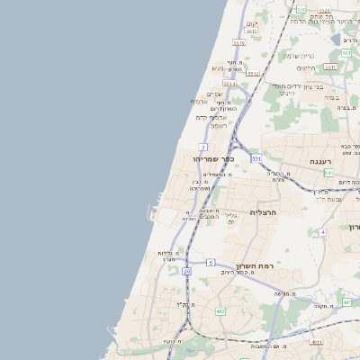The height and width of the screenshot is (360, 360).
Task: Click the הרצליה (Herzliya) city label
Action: [x=265, y=212]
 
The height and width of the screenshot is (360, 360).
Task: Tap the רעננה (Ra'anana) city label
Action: [x=323, y=160]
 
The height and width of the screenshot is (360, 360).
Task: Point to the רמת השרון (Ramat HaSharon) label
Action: [x=253, y=265]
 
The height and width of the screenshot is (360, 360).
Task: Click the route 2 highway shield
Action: [x=204, y=147]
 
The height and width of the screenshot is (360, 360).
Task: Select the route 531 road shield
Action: [x=256, y=158]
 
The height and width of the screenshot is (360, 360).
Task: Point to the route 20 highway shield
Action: [x=186, y=270]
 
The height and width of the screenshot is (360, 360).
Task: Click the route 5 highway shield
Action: [x=211, y=262]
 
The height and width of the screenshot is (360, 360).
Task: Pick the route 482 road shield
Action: [x=220, y=311]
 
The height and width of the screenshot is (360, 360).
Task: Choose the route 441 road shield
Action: [x=314, y=342]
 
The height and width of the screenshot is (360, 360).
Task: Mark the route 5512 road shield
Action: [x=254, y=75]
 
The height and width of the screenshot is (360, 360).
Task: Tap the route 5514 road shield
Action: [x=230, y=84]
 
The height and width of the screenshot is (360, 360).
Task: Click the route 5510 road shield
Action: [x=238, y=42]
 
